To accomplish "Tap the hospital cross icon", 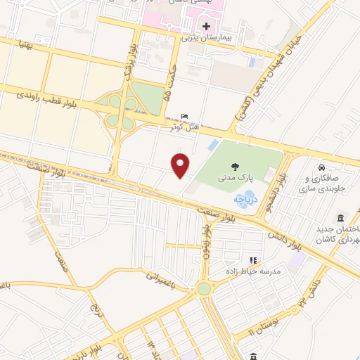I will tap(205, 27).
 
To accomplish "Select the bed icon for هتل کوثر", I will tap(184, 116).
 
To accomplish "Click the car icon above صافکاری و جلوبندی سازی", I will tap(321, 169).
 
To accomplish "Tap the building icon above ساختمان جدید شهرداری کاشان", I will tap(341, 216).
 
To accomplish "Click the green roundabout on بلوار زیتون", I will tap(204, 288).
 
